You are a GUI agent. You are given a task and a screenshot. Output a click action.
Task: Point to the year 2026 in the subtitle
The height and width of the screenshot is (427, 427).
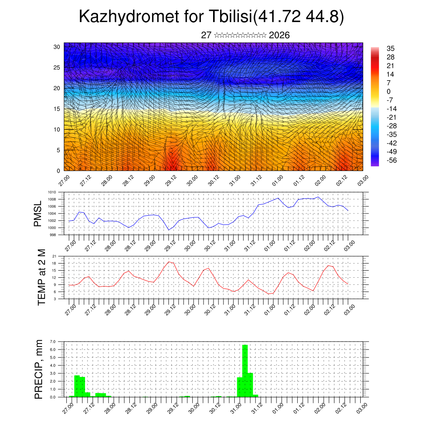click(279, 35)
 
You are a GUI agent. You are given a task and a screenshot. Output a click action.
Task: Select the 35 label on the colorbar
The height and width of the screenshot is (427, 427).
click(391, 48)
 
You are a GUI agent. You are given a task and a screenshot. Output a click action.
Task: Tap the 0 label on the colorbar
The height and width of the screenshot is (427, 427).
click(389, 91)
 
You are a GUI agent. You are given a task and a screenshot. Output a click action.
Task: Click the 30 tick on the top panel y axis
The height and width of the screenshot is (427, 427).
click(57, 47)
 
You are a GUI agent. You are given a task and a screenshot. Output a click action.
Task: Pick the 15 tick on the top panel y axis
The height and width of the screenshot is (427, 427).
click(57, 109)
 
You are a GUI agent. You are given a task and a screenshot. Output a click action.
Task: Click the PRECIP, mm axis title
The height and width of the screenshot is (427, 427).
click(39, 369)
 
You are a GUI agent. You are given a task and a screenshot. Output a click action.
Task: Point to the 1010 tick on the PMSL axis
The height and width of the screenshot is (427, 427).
click(52, 192)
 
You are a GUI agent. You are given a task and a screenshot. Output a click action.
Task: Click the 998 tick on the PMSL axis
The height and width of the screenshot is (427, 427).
click(53, 235)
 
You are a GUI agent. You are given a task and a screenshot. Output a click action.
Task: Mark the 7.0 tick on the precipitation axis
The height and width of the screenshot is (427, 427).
click(53, 342)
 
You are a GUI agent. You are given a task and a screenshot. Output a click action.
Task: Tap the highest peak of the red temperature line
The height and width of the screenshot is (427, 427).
click(169, 262)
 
